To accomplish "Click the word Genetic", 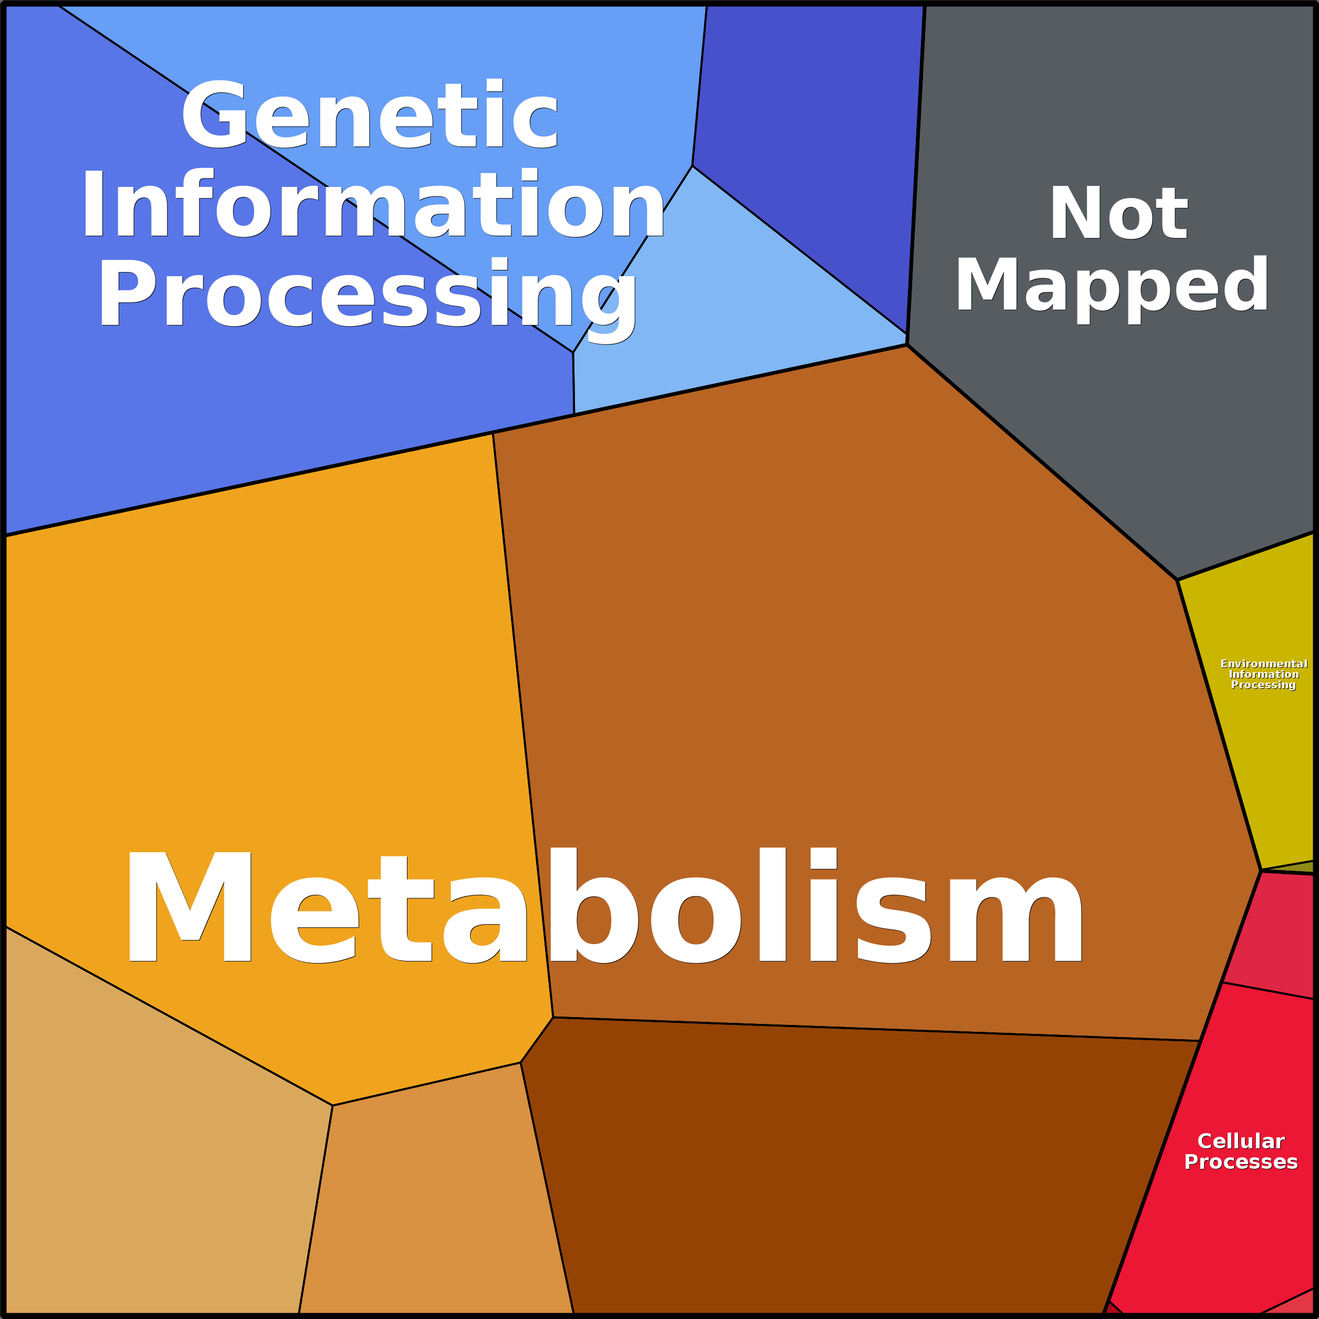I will (369, 114).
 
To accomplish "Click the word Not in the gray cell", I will (1118, 213).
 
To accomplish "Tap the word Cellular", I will (1240, 1142).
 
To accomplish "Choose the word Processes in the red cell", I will (1240, 1162).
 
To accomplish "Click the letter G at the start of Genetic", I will (213, 114).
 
